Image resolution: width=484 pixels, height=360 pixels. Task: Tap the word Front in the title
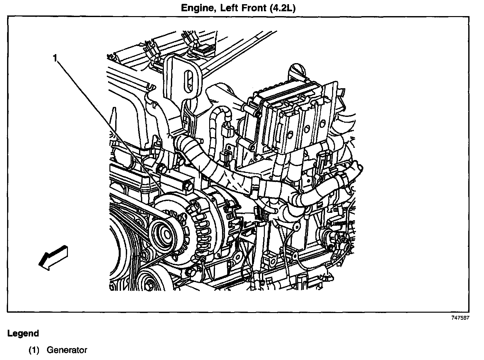[250, 7]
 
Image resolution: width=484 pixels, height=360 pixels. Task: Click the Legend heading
[23, 333]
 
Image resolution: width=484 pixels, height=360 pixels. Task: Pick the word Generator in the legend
[67, 350]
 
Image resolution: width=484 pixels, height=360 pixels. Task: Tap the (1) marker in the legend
[34, 350]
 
